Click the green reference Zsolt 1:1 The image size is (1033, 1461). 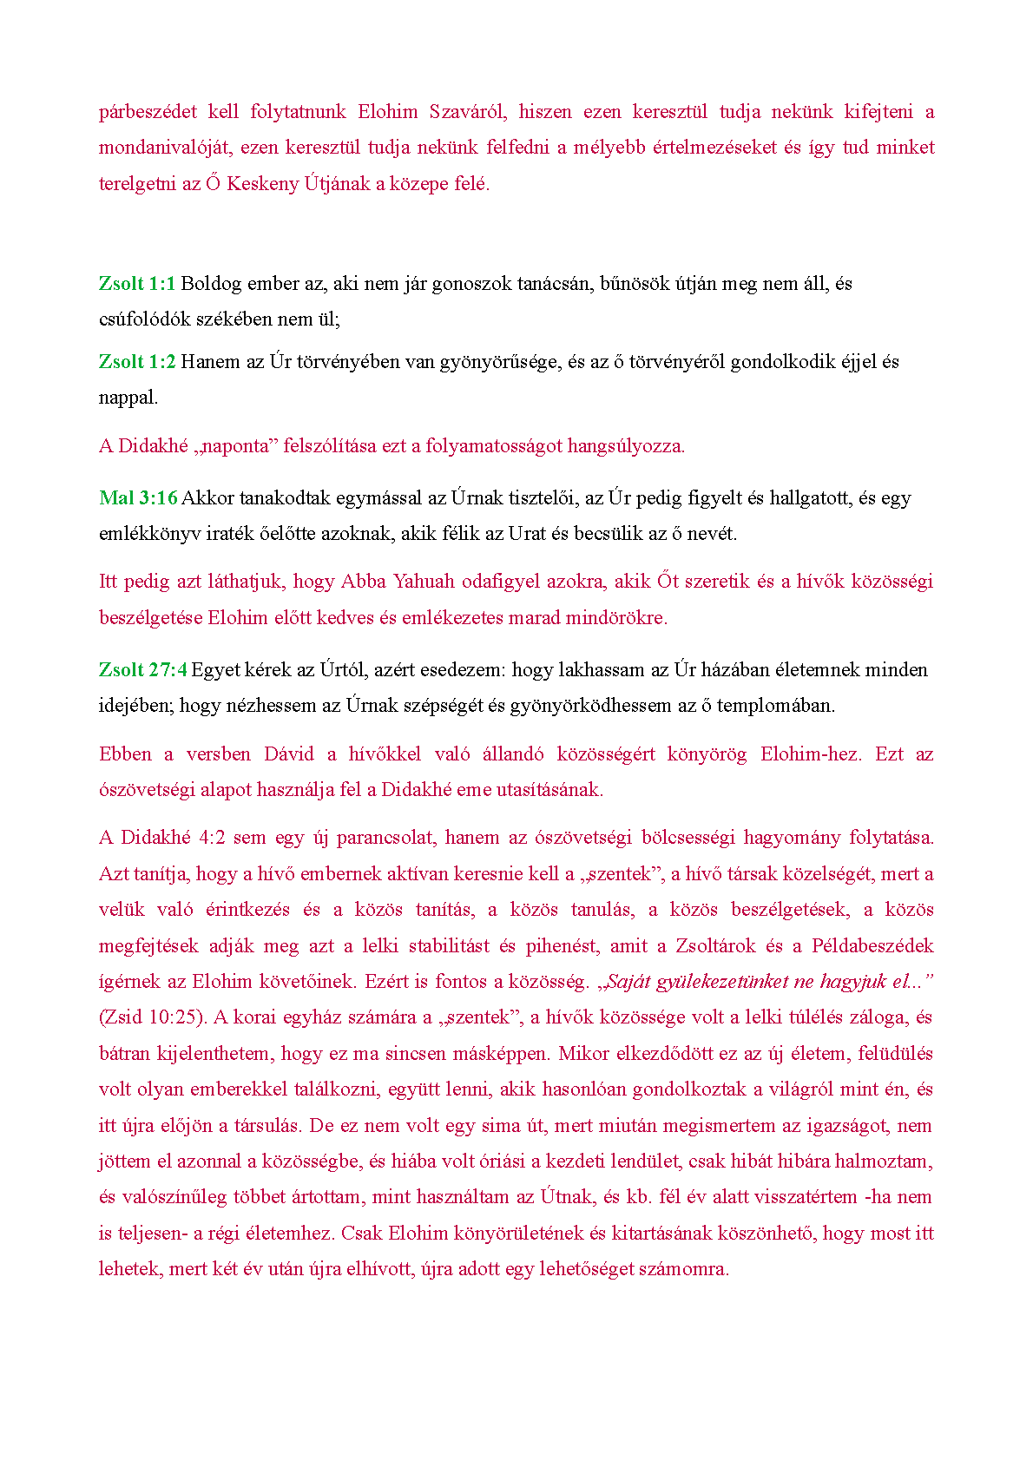point(137,284)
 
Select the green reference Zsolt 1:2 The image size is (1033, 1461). point(137,362)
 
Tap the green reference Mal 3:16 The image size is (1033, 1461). point(138,498)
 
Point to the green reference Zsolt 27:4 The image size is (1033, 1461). point(142,670)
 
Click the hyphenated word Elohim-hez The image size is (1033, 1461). point(811,754)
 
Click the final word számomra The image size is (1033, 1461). point(683,1269)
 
